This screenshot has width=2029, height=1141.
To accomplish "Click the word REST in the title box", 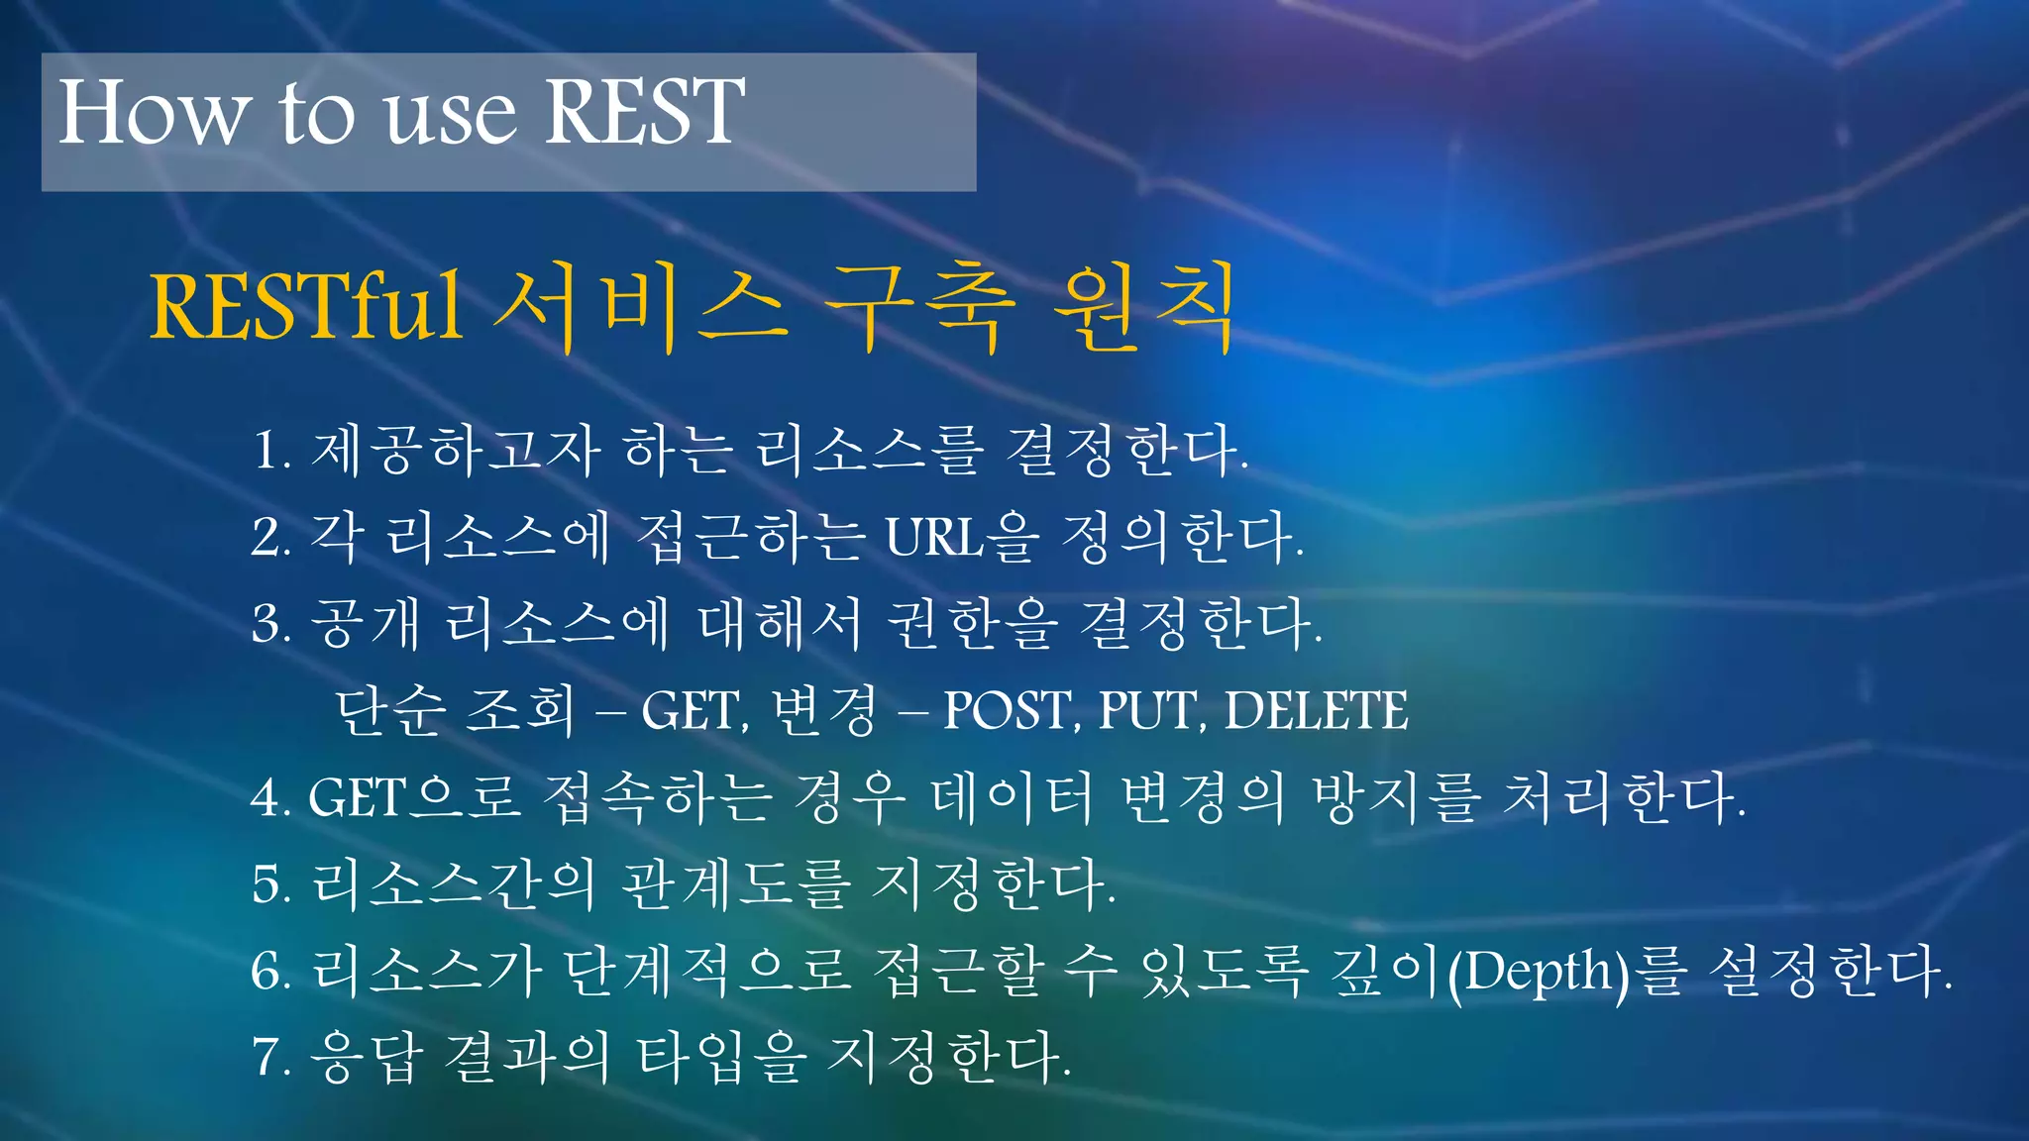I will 644,112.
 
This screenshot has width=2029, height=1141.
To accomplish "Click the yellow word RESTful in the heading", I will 305,307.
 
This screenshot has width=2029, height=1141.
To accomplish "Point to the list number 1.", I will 270,451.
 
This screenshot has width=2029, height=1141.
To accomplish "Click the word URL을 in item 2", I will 962,538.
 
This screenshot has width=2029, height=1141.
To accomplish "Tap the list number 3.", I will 270,624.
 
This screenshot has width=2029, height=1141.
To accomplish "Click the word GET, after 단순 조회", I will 694,711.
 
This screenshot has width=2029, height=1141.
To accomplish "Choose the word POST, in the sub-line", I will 1012,711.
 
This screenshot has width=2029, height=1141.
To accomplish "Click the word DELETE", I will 1316,711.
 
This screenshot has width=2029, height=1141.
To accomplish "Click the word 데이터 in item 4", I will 1012,797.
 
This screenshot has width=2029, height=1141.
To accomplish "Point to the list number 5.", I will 270,883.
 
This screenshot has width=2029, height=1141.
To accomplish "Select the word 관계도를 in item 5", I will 735,883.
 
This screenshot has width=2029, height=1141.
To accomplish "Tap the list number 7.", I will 270,1057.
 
